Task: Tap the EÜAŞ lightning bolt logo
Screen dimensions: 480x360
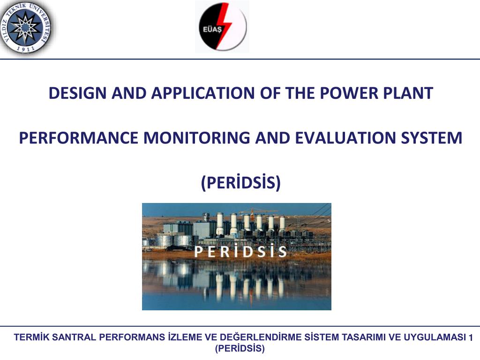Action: coord(223,27)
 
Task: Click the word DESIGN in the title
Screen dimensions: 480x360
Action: coord(78,93)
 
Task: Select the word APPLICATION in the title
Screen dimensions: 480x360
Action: coord(203,93)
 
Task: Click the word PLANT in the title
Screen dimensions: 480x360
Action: coord(408,93)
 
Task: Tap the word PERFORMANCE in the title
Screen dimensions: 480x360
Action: coord(78,138)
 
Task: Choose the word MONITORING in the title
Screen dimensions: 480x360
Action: coord(196,138)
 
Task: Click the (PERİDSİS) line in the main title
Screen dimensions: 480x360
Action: coord(240,182)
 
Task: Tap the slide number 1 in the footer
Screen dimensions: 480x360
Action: coord(471,337)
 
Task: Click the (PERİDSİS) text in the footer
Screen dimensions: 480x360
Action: coord(240,348)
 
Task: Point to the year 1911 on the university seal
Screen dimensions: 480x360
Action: coord(26,49)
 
